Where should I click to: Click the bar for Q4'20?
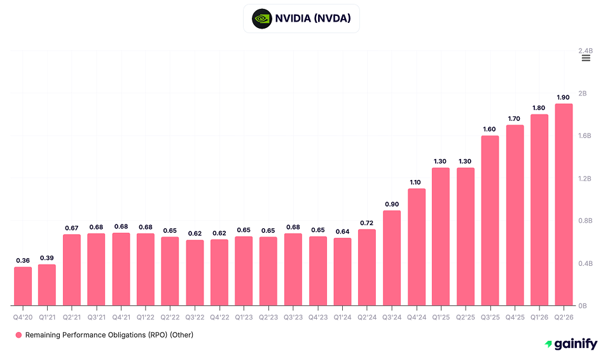(x=23, y=286)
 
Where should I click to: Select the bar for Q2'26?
(x=564, y=205)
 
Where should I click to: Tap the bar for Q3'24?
(x=392, y=258)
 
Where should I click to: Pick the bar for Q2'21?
(x=72, y=270)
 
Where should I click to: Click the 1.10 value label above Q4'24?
(x=416, y=182)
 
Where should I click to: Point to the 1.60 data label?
(x=490, y=129)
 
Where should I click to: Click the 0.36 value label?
(x=23, y=260)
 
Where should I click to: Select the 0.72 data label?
(x=367, y=223)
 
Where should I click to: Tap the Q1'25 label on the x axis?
(x=441, y=316)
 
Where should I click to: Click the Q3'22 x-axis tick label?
(x=195, y=316)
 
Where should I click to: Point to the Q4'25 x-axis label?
(x=515, y=316)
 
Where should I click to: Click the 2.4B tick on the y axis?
(x=586, y=51)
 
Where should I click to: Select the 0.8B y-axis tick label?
(x=586, y=221)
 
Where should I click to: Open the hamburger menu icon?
(x=586, y=58)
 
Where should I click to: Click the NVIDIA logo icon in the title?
(x=261, y=18)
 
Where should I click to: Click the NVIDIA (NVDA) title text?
(x=313, y=18)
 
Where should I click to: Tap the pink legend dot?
(x=18, y=335)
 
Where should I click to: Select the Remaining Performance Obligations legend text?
(x=109, y=335)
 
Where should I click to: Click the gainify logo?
(x=571, y=344)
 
